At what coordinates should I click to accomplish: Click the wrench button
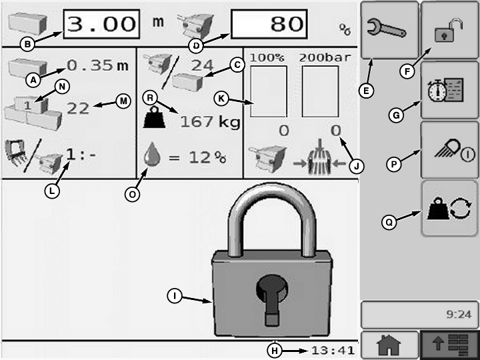click(x=390, y=30)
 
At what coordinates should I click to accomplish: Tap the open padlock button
click(x=449, y=30)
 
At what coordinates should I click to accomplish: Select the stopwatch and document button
click(x=449, y=90)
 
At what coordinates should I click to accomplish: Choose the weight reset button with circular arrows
click(x=449, y=208)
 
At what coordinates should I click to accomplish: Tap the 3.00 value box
click(x=101, y=24)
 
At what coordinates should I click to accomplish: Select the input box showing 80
click(x=269, y=24)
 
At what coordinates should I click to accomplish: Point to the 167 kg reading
click(x=210, y=122)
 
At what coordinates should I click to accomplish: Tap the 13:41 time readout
click(x=333, y=350)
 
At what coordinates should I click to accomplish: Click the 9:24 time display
click(x=459, y=314)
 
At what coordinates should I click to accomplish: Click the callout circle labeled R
click(x=150, y=97)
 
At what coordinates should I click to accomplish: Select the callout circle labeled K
click(x=221, y=99)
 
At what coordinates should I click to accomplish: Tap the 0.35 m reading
click(x=97, y=65)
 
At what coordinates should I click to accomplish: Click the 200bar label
click(x=325, y=57)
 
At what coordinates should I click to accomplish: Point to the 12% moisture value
click(x=207, y=157)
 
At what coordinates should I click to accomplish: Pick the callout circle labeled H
click(x=275, y=351)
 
